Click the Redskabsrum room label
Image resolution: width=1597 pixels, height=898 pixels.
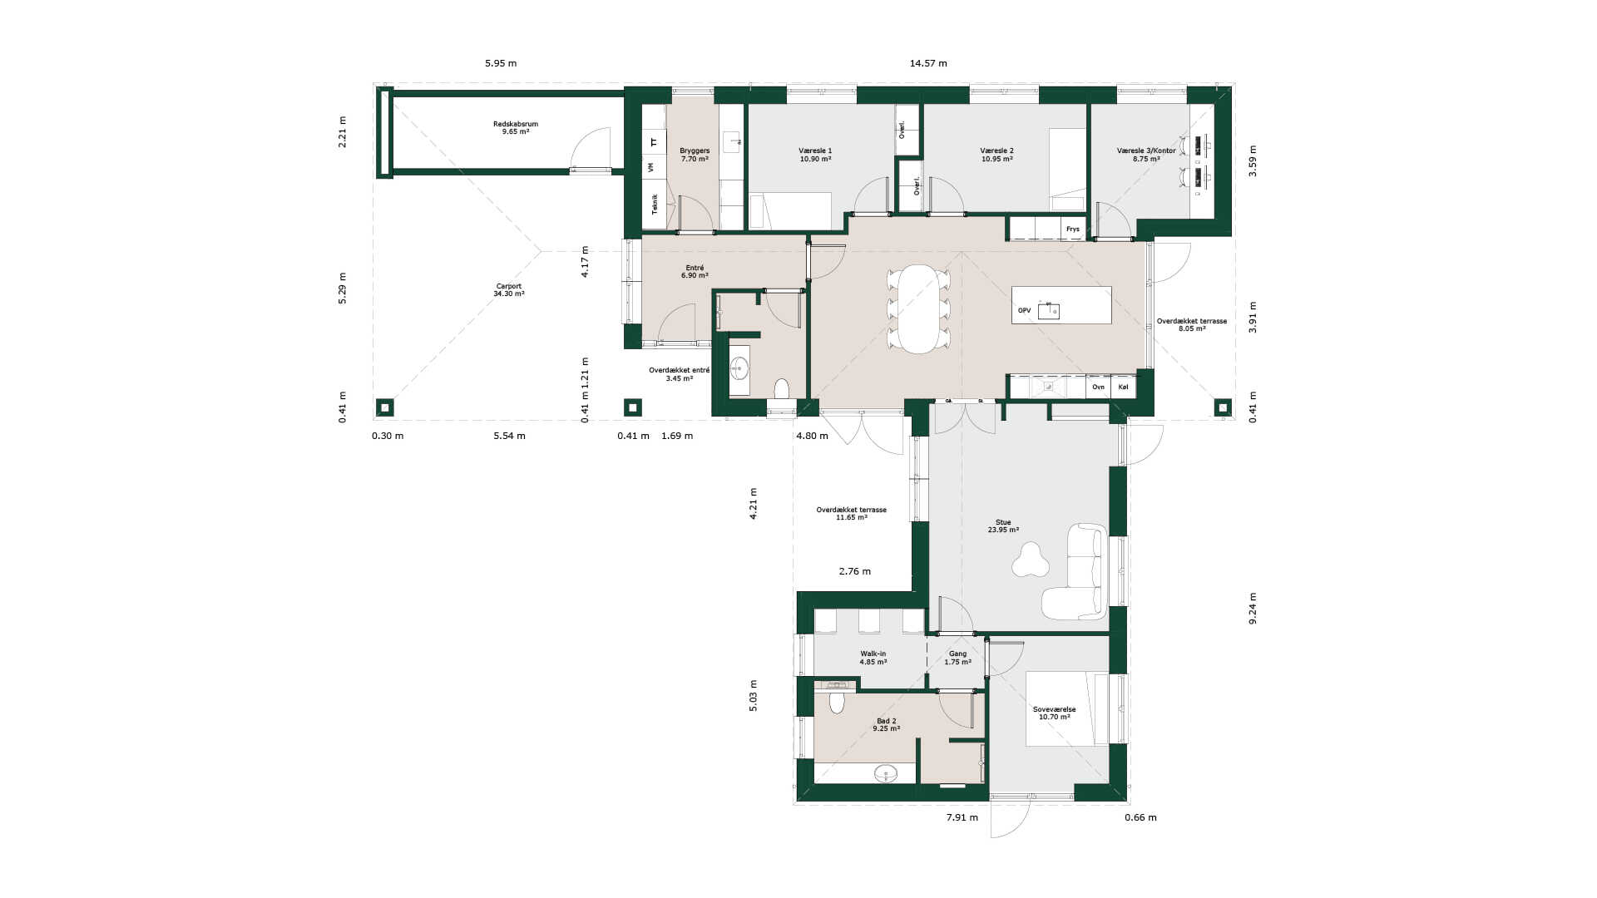(516, 124)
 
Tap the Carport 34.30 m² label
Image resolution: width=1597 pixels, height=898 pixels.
(509, 289)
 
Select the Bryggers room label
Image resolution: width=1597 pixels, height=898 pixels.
(695, 151)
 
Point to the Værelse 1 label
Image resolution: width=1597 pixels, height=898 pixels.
(815, 151)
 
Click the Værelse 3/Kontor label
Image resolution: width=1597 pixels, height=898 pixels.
(1146, 150)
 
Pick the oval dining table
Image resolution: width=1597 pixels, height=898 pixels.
(918, 309)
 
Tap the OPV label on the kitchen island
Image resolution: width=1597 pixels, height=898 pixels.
(1024, 310)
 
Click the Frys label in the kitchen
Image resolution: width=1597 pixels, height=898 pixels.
(1073, 229)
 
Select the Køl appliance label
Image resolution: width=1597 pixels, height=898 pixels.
(1124, 387)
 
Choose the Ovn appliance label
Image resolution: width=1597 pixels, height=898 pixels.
(1098, 387)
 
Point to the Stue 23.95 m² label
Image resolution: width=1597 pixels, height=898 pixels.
(1003, 525)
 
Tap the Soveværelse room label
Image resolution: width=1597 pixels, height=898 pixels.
(1054, 709)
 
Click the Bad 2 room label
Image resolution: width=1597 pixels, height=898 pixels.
(887, 721)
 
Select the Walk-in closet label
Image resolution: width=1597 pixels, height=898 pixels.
(873, 654)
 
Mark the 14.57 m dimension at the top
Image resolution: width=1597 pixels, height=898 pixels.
(928, 63)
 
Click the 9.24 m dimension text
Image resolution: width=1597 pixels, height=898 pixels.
(1253, 609)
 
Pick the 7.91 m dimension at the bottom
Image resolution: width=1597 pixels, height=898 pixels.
(962, 817)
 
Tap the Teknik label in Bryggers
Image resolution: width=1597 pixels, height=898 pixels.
(655, 204)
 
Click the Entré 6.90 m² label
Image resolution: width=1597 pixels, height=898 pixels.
(695, 271)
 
